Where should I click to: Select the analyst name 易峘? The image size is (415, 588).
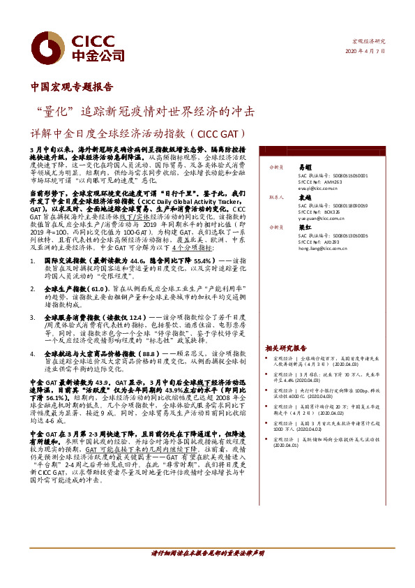[x=305, y=168]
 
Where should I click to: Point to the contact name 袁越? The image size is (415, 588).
[x=305, y=198]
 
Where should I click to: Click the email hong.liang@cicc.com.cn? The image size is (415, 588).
[x=322, y=249]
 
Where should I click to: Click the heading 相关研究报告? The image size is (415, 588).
[x=286, y=348]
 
